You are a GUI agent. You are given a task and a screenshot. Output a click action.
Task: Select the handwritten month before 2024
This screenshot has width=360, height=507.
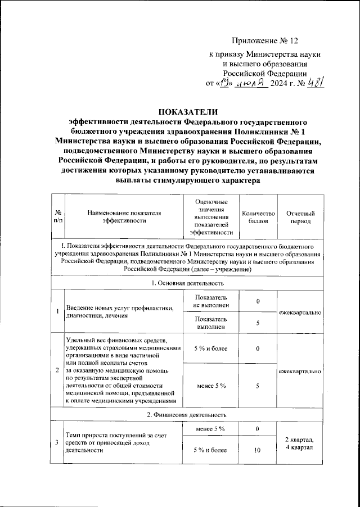coord(252,84)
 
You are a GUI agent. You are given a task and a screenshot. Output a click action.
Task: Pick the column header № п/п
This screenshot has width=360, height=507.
coord(58,217)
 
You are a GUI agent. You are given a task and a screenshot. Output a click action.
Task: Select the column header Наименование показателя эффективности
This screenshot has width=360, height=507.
coord(124,217)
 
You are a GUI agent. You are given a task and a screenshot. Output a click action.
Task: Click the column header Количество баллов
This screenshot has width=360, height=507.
coord(258,217)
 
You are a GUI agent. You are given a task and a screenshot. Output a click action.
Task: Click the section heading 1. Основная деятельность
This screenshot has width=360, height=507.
coord(188,283)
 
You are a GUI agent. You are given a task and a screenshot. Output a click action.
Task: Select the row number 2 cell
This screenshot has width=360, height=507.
coord(58,371)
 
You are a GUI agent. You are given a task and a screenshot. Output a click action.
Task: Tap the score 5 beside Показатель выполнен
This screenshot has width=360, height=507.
coord(258,323)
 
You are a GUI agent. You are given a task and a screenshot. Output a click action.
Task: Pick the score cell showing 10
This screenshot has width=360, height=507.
coord(258,450)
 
